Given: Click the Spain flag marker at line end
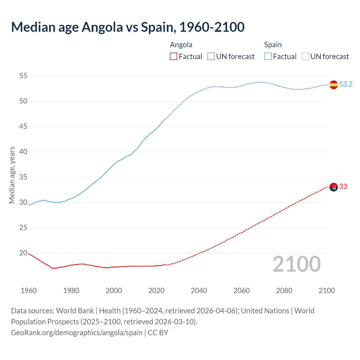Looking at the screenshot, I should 334,84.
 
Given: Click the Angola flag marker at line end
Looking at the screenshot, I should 334,187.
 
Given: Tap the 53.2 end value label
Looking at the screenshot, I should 346,84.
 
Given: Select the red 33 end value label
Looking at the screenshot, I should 343,186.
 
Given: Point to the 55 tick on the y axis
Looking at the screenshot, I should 23,76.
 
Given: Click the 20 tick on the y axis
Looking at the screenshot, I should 23,253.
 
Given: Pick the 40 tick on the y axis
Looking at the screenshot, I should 23,152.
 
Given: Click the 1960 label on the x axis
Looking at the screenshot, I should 29,291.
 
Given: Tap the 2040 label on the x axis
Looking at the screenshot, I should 199,291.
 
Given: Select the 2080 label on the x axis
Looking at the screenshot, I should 284,291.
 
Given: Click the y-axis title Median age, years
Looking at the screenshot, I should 12,175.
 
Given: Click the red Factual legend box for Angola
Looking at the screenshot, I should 174,56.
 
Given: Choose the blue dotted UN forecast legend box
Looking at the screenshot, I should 305,56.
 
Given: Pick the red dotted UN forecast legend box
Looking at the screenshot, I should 211,56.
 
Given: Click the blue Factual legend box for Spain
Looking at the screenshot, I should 268,56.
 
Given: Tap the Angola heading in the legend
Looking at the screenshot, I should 181,45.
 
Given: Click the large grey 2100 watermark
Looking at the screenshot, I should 297,264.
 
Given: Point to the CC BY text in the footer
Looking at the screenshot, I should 158,332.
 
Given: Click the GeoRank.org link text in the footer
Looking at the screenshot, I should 77,332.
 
